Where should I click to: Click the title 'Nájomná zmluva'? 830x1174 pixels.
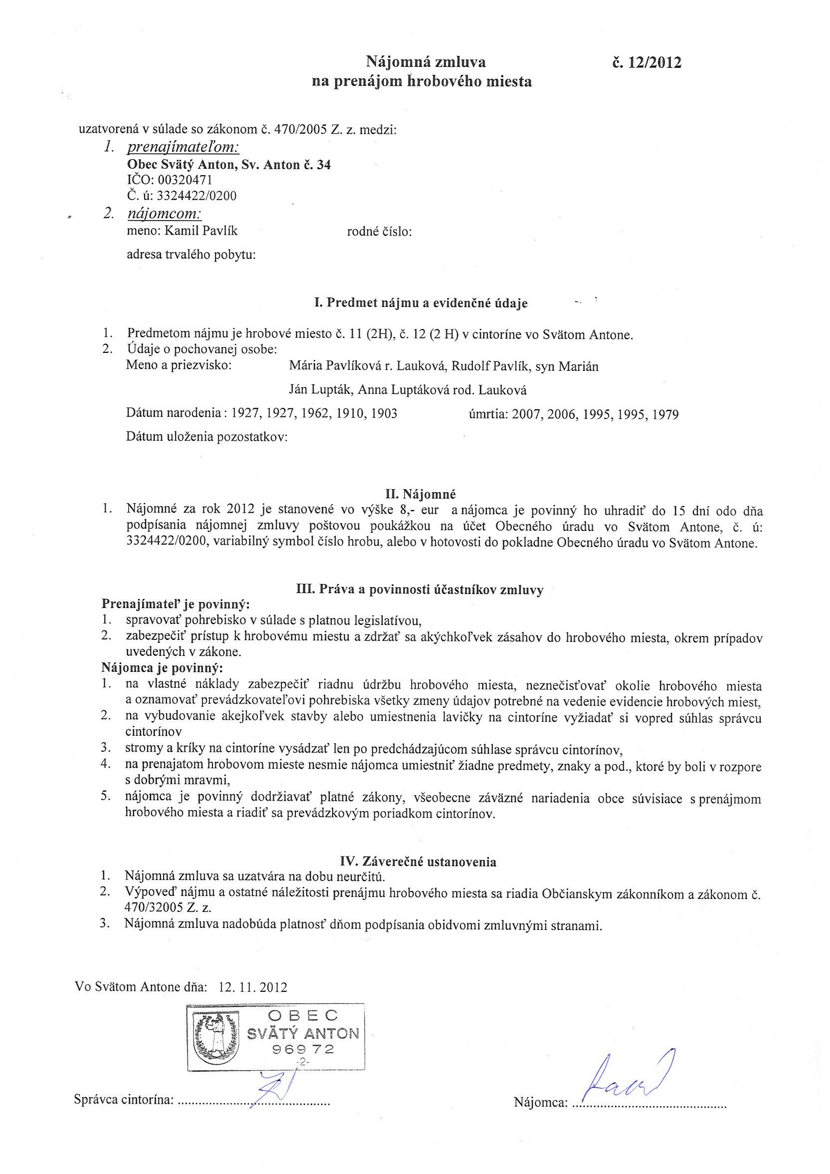425,62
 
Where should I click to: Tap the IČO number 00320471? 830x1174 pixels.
183,180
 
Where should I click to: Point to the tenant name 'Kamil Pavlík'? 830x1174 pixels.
201,231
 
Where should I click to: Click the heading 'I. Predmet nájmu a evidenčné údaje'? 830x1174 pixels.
420,303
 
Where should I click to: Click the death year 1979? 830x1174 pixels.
662,414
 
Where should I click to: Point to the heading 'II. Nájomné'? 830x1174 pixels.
420,494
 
